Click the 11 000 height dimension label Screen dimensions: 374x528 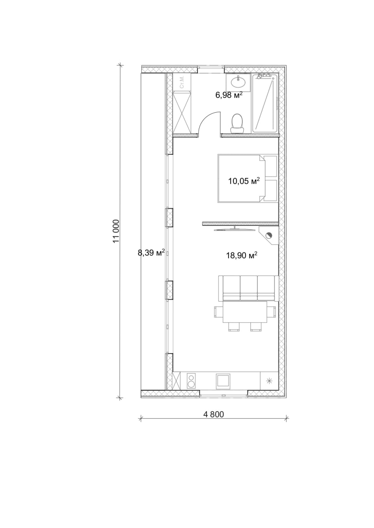pos(116,231)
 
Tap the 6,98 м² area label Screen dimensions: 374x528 pos(229,95)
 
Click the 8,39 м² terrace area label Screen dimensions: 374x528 pos(151,253)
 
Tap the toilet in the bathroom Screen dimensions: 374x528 pos(237,123)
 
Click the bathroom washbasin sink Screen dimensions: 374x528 pos(238,82)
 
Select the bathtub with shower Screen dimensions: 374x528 pos(264,103)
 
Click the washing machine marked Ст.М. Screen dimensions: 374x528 pos(182,82)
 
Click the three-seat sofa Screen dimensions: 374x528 pos(248,288)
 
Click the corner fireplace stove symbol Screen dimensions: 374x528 pos(269,236)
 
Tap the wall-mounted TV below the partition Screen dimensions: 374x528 pos(235,229)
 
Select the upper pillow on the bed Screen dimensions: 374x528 pos(270,166)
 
